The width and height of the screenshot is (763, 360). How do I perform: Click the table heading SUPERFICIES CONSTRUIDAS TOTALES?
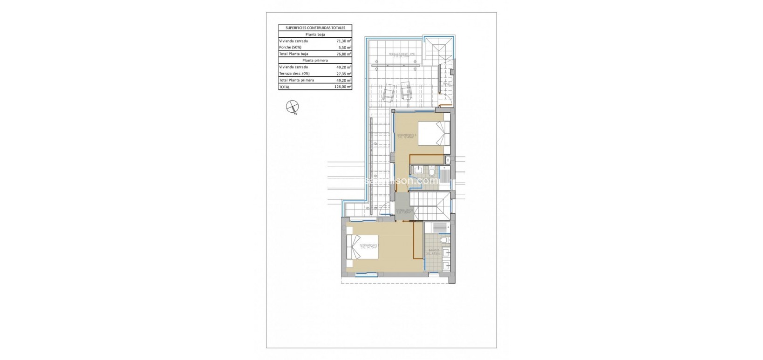[x=315, y=28]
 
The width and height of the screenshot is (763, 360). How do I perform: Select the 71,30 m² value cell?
[x=344, y=41]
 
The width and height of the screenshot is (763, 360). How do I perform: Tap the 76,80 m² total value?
[x=344, y=54]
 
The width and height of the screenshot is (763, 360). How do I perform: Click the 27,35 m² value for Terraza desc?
[x=344, y=74]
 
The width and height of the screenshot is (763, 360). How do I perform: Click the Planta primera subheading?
[x=315, y=61]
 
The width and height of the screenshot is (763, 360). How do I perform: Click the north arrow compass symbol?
[x=292, y=107]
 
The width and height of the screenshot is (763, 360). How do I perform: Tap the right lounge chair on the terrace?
[x=406, y=93]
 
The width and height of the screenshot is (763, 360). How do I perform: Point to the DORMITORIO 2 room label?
[x=369, y=246]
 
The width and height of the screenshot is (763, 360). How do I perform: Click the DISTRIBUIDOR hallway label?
[x=404, y=211]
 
